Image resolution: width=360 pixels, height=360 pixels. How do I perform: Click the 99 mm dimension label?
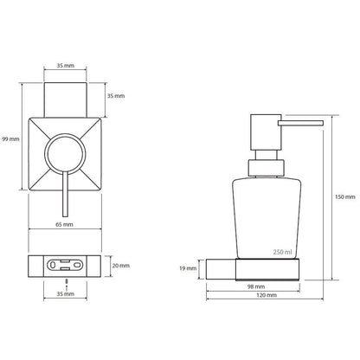pos(10,139)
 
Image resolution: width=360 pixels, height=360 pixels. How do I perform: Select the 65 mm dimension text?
pos(64,224)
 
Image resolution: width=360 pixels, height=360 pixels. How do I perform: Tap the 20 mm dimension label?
pos(121,266)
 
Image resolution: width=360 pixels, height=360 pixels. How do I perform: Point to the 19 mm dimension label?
pos(188,268)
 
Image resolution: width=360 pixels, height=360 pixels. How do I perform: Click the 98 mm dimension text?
pos(256,286)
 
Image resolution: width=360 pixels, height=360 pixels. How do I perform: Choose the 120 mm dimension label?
pos(267,295)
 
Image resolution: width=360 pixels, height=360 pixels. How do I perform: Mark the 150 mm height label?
pos(345,197)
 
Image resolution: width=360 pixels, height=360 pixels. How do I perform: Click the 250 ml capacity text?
pos(283,252)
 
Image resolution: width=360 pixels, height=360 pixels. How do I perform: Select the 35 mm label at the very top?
pos(65,66)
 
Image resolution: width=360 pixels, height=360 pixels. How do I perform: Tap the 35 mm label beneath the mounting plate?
pos(65,294)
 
